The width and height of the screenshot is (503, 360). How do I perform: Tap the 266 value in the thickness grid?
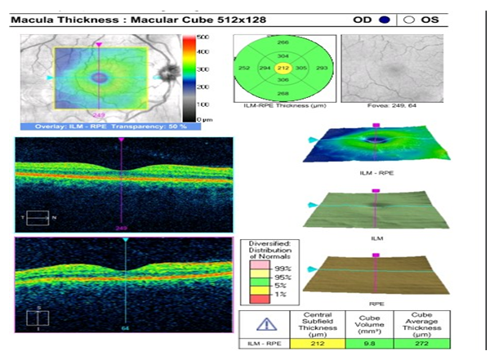[x=283, y=41]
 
